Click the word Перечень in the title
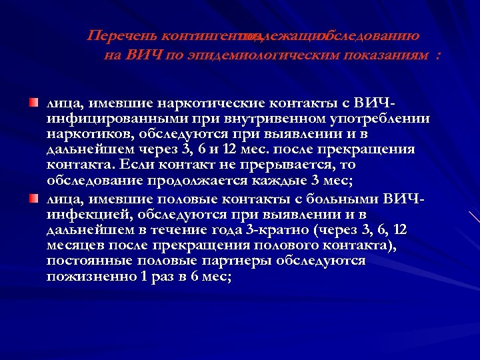point(119,35)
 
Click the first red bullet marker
point(33,103)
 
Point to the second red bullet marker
point(33,199)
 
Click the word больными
point(351,199)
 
